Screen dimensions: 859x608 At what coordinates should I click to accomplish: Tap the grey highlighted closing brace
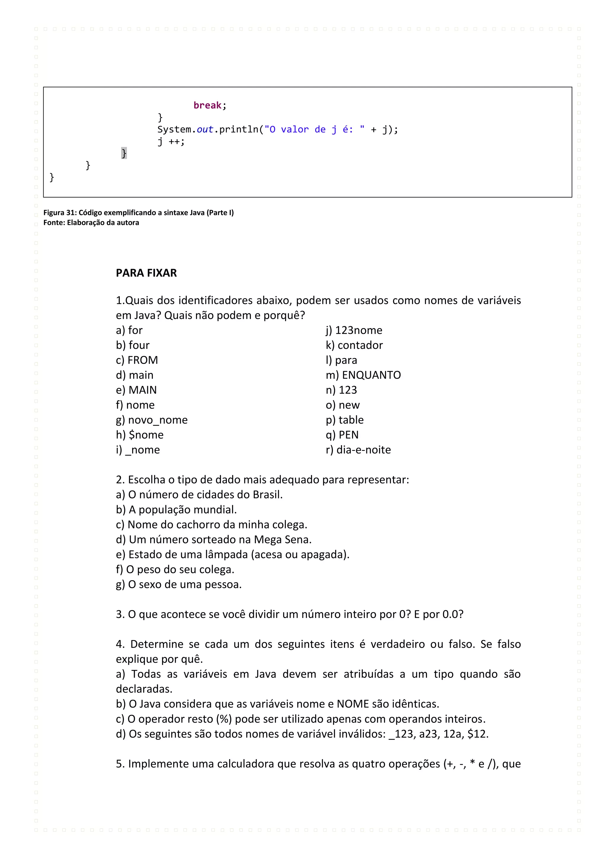(x=124, y=153)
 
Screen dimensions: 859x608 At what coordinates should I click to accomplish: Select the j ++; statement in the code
(x=171, y=141)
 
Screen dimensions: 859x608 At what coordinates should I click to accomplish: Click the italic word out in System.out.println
(x=205, y=129)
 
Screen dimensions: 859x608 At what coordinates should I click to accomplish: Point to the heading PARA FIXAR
(x=146, y=273)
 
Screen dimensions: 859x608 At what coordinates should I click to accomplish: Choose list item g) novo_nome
(x=152, y=420)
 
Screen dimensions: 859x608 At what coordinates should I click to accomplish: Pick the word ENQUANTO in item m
(x=371, y=375)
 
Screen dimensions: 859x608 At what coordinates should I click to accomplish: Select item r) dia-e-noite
(x=358, y=450)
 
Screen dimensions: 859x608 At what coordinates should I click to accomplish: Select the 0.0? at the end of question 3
(x=453, y=614)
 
